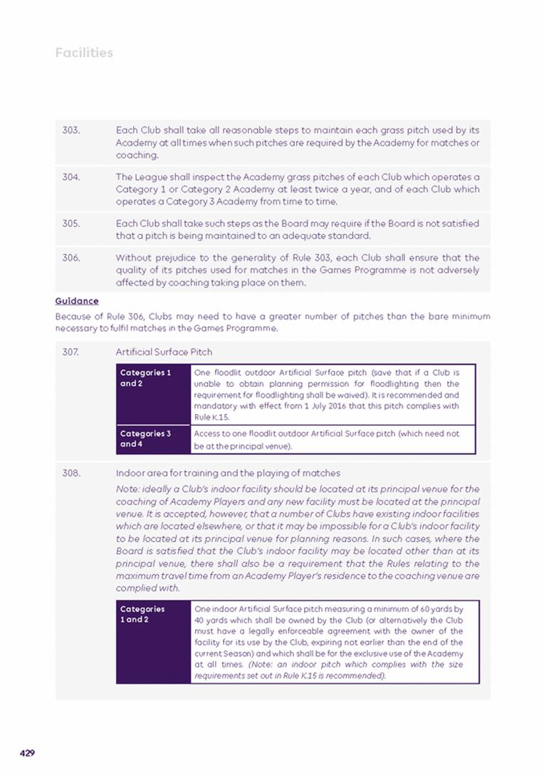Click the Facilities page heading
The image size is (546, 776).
[x=84, y=53]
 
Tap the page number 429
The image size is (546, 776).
[x=28, y=752]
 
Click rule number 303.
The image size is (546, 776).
[x=70, y=130]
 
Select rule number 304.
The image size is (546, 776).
[x=70, y=177]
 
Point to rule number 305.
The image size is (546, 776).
[x=70, y=223]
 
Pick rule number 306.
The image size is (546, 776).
[x=70, y=258]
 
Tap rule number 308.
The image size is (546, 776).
[x=70, y=473]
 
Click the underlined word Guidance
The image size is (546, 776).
[x=77, y=301]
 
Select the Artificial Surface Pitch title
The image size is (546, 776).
[x=164, y=352]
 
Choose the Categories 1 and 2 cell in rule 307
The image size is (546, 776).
[x=145, y=377]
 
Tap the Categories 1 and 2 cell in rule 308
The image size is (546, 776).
[x=142, y=614]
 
